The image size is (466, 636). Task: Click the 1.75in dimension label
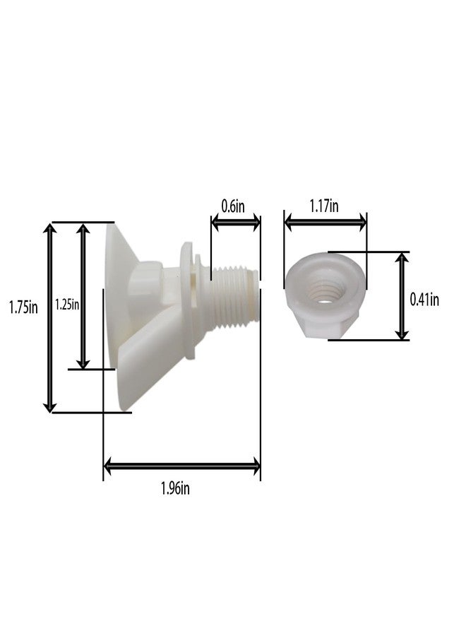(x=23, y=307)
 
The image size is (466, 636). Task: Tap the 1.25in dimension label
(x=67, y=305)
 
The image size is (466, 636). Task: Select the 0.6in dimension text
(x=233, y=206)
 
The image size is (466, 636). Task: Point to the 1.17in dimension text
(x=324, y=206)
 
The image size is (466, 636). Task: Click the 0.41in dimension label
(x=424, y=300)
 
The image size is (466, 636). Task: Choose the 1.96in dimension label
(x=175, y=488)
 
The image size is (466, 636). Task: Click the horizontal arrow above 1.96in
(x=182, y=466)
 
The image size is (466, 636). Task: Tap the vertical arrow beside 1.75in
(x=50, y=317)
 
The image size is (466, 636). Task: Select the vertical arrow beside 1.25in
(x=83, y=297)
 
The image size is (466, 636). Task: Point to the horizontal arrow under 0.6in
(x=236, y=223)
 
